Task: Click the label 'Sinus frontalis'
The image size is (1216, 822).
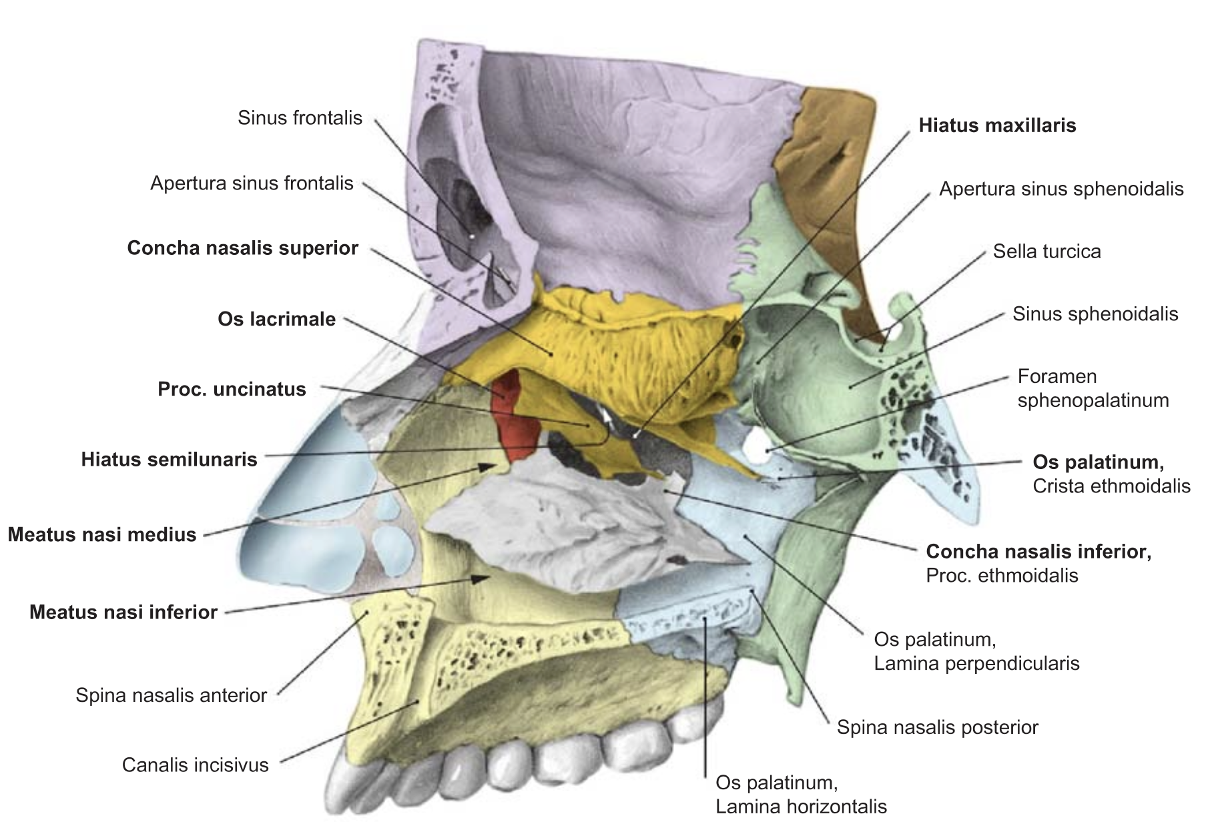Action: click(300, 118)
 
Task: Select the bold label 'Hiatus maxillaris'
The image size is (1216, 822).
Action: click(997, 125)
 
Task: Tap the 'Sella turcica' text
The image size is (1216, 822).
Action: click(1046, 252)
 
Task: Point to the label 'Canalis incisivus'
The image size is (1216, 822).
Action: click(195, 765)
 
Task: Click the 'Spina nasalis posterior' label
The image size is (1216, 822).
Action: click(937, 727)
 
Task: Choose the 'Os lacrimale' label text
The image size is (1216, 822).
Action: click(276, 319)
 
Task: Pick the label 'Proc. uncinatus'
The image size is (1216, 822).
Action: click(232, 389)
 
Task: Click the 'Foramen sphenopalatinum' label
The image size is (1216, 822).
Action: click(1093, 388)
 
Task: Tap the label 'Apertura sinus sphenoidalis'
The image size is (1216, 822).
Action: click(1061, 189)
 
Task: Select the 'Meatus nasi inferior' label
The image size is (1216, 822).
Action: click(123, 612)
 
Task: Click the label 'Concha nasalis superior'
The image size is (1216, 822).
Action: click(243, 248)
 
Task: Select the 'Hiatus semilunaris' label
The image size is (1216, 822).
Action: click(169, 460)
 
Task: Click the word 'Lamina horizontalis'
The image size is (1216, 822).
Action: click(801, 807)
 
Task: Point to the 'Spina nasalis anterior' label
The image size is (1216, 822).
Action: click(171, 695)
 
